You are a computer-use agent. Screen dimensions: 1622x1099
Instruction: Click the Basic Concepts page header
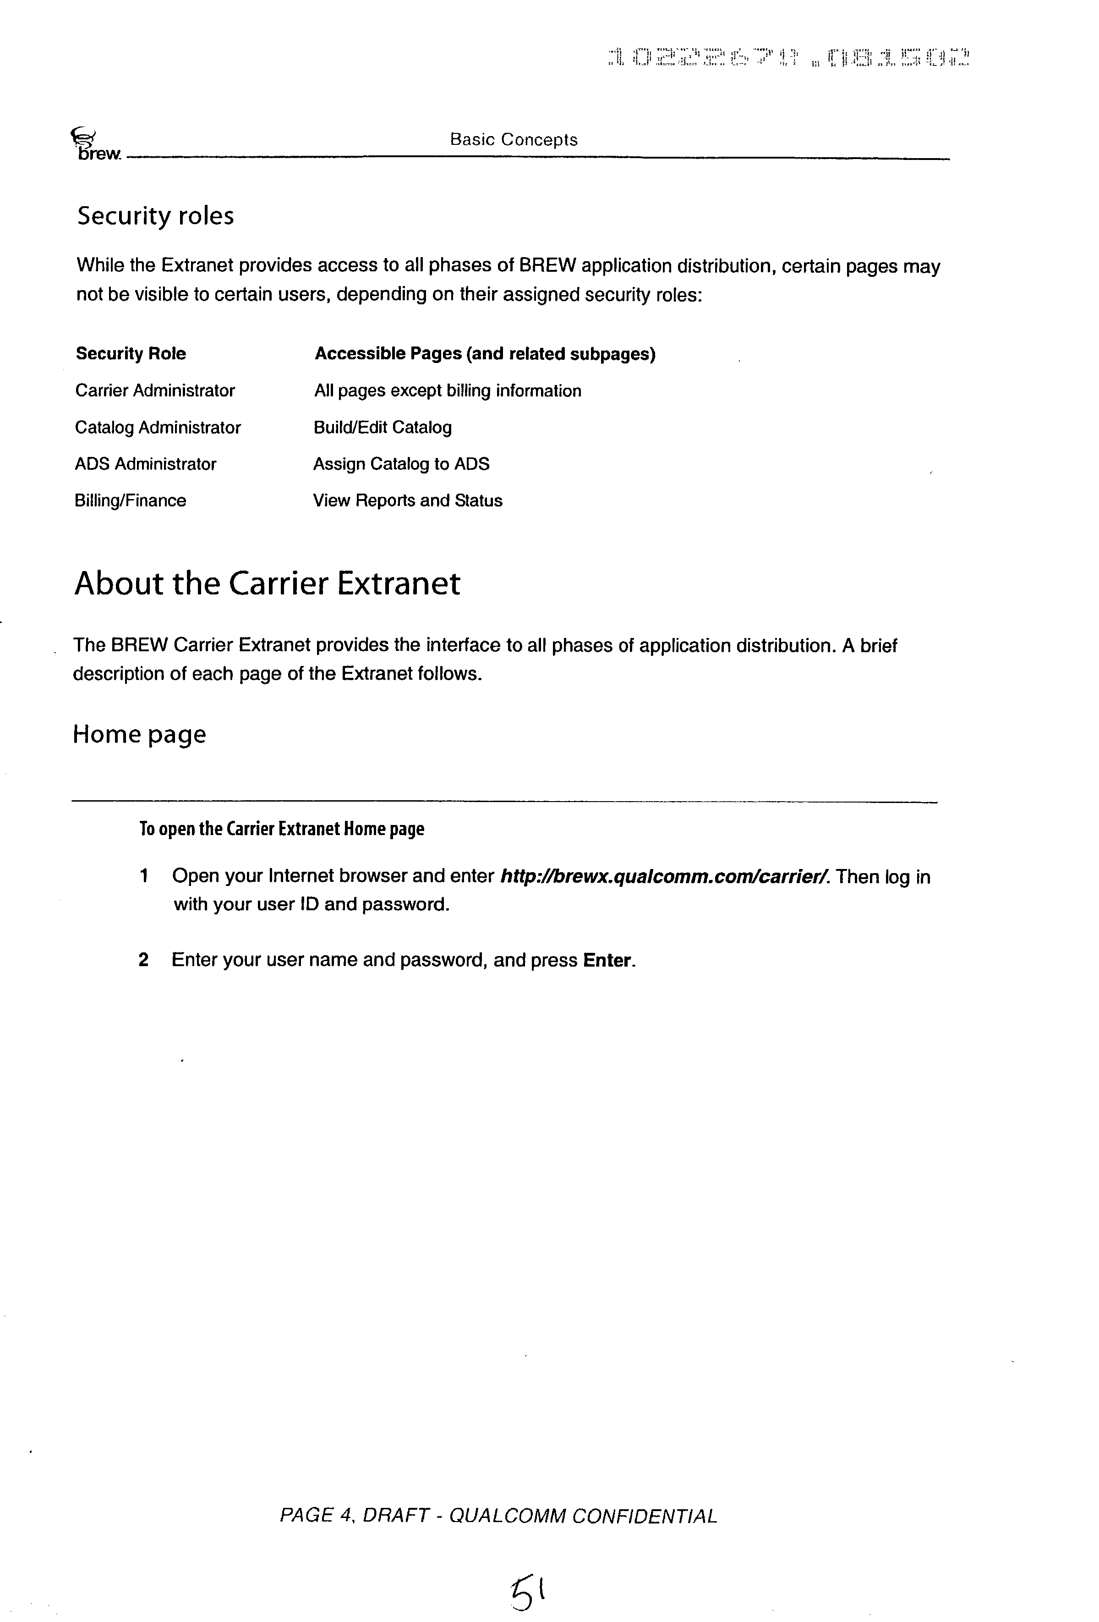[x=514, y=140]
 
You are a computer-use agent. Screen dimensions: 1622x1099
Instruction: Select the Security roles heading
[x=155, y=216]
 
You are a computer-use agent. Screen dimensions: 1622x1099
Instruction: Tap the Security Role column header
[x=131, y=354]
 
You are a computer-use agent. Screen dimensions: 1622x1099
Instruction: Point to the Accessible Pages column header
[x=485, y=354]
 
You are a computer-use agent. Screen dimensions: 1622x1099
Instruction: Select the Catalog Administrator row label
[x=158, y=427]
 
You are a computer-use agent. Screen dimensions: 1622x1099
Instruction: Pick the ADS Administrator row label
[x=145, y=464]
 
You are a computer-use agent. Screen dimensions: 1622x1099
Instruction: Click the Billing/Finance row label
[x=131, y=500]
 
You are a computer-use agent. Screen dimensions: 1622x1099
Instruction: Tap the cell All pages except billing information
[x=447, y=391]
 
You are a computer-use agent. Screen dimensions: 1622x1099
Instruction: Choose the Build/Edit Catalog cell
[x=383, y=427]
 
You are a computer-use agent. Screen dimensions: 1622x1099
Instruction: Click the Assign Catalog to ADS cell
[x=401, y=464]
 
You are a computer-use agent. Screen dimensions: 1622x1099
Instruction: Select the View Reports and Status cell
[x=408, y=500]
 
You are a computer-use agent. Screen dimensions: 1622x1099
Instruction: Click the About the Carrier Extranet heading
[x=267, y=583]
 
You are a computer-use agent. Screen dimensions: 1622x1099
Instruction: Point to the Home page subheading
[x=140, y=734]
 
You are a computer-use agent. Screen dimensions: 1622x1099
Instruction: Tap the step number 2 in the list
[x=144, y=960]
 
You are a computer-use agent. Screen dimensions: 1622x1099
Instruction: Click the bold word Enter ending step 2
[x=608, y=960]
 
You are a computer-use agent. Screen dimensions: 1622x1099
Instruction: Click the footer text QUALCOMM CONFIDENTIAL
[x=583, y=1516]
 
